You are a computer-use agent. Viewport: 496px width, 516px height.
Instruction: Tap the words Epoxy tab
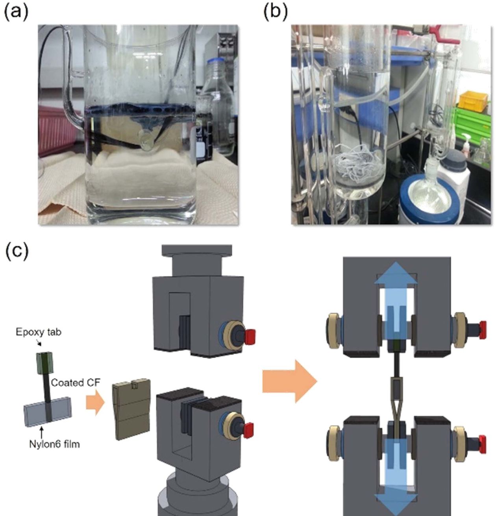coord(39,332)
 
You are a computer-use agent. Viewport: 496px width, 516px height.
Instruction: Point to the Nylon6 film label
coord(54,444)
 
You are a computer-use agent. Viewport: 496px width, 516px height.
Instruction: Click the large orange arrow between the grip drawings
coord(290,382)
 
